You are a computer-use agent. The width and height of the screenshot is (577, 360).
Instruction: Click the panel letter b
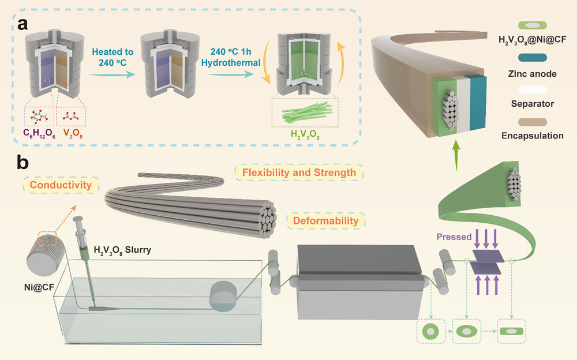tap(24, 163)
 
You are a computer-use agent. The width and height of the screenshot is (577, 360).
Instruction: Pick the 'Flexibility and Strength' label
tap(299, 172)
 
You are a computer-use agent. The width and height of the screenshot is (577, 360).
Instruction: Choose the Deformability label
tap(327, 220)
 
